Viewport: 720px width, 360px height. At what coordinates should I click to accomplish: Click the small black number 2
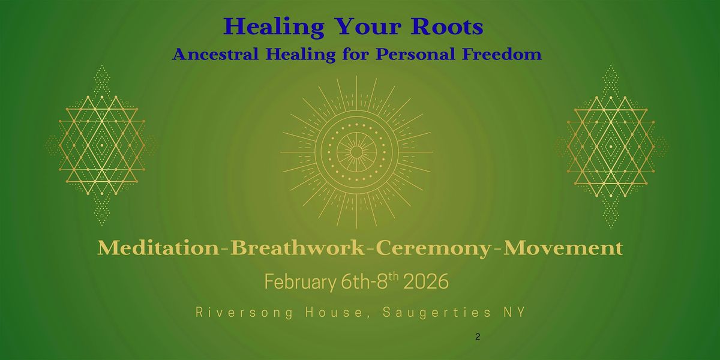[477, 337]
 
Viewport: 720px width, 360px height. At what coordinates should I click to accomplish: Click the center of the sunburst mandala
[356, 152]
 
